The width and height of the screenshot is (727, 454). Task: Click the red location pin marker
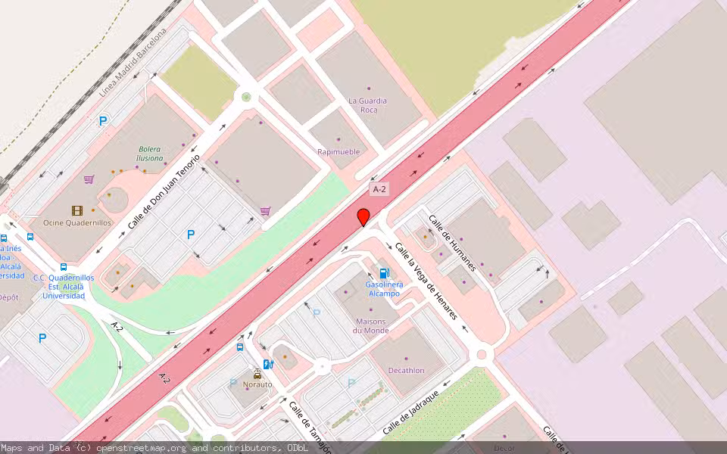[x=363, y=217]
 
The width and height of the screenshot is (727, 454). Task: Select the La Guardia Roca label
[x=368, y=105]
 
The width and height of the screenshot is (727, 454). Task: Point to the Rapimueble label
[x=339, y=151]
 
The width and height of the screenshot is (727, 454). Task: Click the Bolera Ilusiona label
[x=150, y=154]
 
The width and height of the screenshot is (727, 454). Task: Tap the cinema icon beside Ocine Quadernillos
[x=76, y=210]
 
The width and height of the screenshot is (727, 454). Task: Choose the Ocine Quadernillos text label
[x=77, y=222]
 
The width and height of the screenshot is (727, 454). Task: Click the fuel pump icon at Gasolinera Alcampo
[x=385, y=273]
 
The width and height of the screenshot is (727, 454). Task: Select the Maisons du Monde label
[x=372, y=325]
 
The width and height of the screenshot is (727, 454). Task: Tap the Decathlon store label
[x=407, y=370]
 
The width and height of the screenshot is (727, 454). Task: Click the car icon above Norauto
[x=257, y=374]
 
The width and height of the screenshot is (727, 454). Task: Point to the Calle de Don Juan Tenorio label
[x=164, y=192]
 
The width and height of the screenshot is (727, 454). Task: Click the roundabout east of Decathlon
[x=482, y=353]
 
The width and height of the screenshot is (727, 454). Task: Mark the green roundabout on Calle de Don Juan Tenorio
[x=245, y=97]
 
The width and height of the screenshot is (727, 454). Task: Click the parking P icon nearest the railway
[x=102, y=120]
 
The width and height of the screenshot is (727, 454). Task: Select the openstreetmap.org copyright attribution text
[x=155, y=448]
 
